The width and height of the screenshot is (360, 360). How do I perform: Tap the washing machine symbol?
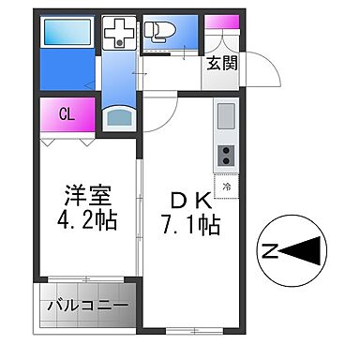[119, 36]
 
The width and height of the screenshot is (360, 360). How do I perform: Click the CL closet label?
[67, 114]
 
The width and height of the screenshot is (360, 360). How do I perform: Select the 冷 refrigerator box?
[228, 186]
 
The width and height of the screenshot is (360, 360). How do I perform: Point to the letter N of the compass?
[269, 251]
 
